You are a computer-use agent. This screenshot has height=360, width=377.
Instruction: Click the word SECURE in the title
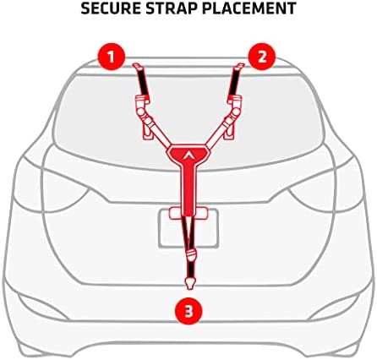[x=111, y=8]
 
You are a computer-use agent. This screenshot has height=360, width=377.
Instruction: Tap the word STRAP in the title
[x=172, y=8]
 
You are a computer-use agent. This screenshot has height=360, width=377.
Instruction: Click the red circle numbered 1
[x=112, y=57]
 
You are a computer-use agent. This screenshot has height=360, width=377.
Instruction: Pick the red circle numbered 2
[x=262, y=57]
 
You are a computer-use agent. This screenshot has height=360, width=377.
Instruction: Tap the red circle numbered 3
[x=188, y=312]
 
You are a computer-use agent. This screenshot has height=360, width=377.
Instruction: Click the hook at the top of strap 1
[x=138, y=67]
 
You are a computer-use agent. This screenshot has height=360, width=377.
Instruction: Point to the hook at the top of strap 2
[x=239, y=67]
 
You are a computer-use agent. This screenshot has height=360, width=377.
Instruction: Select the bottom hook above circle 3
[x=190, y=283]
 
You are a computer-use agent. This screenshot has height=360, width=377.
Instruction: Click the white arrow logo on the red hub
[x=188, y=155]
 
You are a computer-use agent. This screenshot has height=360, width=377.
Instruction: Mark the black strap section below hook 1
[x=143, y=82]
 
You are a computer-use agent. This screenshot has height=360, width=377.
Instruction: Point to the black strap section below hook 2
[x=234, y=82]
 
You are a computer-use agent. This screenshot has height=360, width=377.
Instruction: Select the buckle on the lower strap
[x=191, y=255]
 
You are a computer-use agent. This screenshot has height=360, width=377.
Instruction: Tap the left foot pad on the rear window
[x=149, y=133]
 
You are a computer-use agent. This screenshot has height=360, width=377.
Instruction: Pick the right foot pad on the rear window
[x=229, y=133]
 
